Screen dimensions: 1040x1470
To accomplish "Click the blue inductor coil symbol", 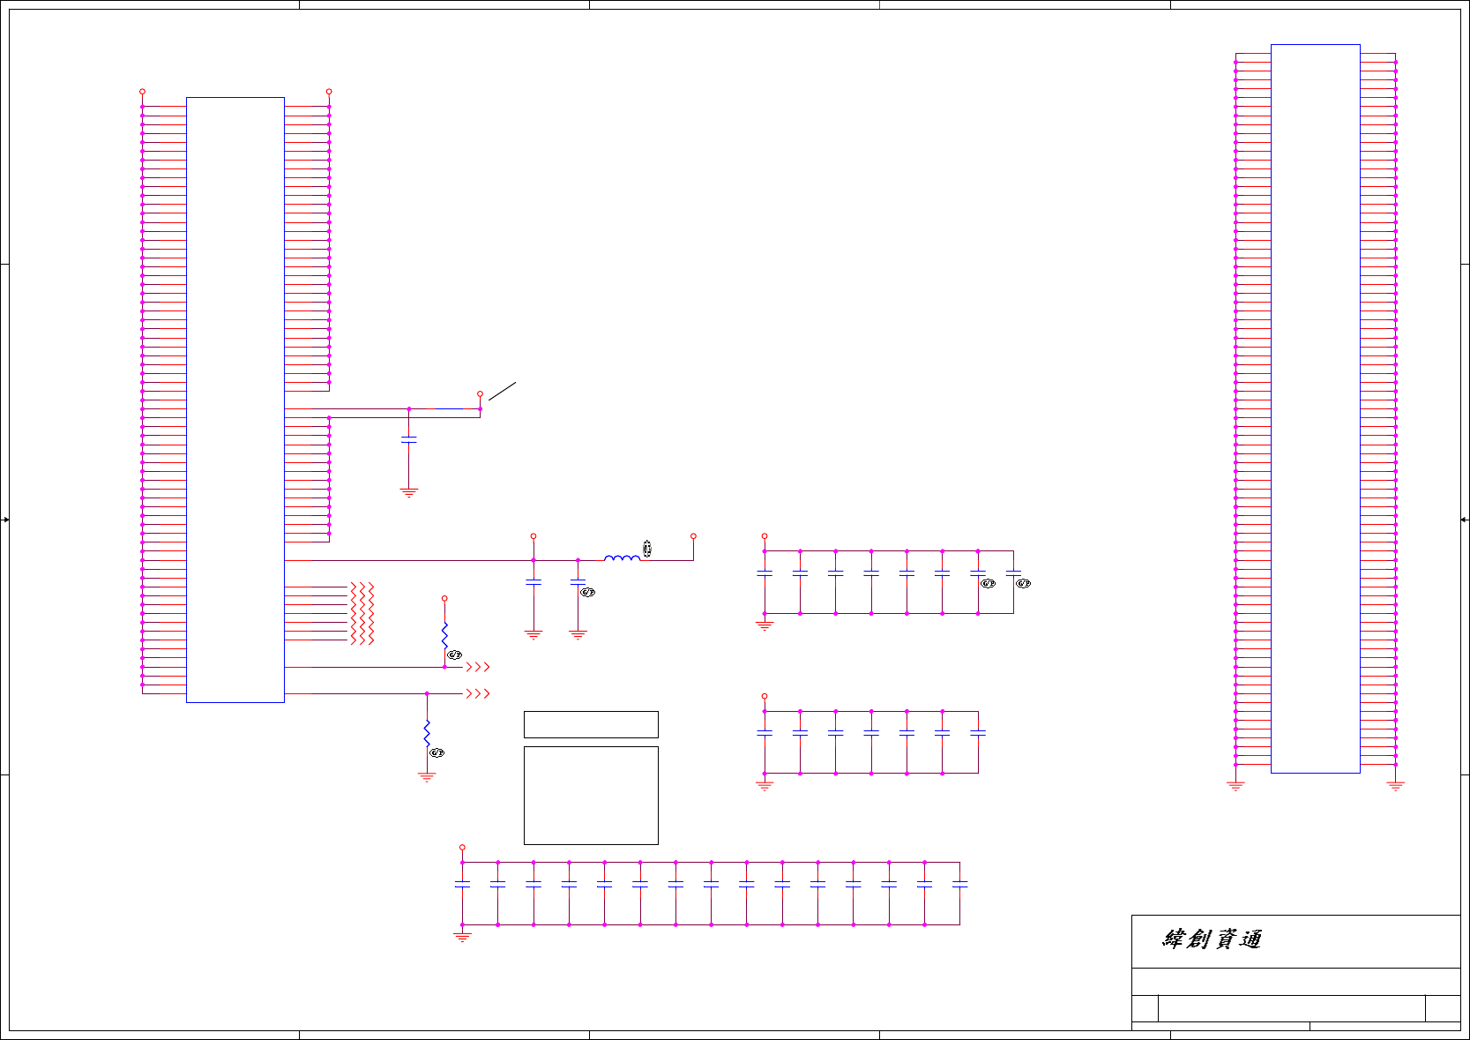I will click(x=622, y=557).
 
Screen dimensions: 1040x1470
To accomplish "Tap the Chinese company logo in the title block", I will click(x=1212, y=939).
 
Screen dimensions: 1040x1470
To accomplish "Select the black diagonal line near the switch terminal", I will click(x=502, y=391).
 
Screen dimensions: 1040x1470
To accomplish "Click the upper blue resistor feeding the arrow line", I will click(x=444, y=634).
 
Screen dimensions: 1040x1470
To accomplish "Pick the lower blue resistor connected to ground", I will click(x=427, y=733).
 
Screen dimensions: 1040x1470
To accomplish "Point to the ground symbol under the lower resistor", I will click(x=427, y=777).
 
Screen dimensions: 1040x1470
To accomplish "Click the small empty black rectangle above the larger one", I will click(x=591, y=724).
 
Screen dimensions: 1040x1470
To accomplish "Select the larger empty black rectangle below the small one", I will click(x=591, y=796).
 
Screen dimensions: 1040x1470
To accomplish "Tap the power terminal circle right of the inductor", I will click(x=693, y=536).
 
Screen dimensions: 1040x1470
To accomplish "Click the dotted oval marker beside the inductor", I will click(x=647, y=549).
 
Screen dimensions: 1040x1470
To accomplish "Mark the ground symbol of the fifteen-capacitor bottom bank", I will click(x=462, y=937).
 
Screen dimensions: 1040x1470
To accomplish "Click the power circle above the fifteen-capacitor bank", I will click(x=462, y=847).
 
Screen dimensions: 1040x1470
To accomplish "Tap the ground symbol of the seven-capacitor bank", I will click(x=765, y=785).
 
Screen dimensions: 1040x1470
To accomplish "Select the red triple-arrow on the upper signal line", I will click(x=478, y=668).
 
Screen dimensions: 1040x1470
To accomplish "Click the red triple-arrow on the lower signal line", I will click(x=478, y=694).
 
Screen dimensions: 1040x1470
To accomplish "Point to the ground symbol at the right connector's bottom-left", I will click(x=1235, y=786).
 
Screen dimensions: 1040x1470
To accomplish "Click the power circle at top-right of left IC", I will click(x=329, y=92).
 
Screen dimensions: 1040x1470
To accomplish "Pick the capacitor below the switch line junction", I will click(x=408, y=439).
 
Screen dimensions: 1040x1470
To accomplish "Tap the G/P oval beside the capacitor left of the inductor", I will click(x=588, y=593).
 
